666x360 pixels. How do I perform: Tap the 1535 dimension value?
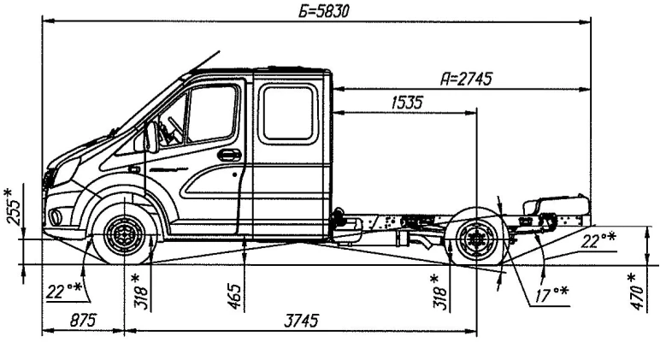click(x=408, y=103)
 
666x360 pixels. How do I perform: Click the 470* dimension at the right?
click(x=633, y=293)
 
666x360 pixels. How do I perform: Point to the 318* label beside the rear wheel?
click(x=439, y=293)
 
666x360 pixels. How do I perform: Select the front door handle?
click(x=229, y=155)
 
